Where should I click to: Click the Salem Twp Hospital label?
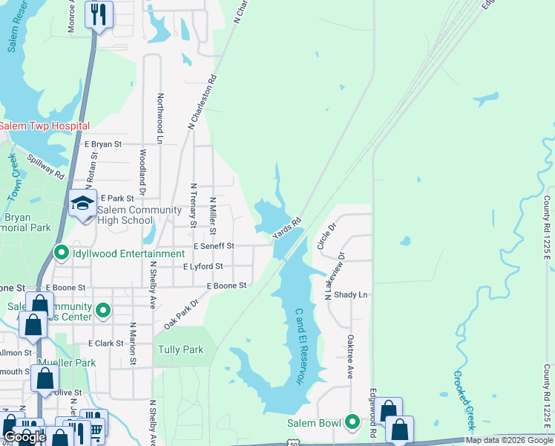tap(45, 126)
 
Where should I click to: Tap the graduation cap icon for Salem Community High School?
tap(82, 202)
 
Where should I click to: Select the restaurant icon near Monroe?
tap(98, 13)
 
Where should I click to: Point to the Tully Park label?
tap(180, 349)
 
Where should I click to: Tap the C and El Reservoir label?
tap(300, 346)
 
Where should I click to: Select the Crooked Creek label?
tap(464, 400)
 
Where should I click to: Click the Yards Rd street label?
tap(286, 227)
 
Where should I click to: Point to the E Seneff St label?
tap(214, 246)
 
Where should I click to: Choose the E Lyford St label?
tap(203, 266)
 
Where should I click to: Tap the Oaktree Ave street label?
tap(349, 356)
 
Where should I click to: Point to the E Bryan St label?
tap(102, 144)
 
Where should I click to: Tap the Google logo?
tap(24, 437)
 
